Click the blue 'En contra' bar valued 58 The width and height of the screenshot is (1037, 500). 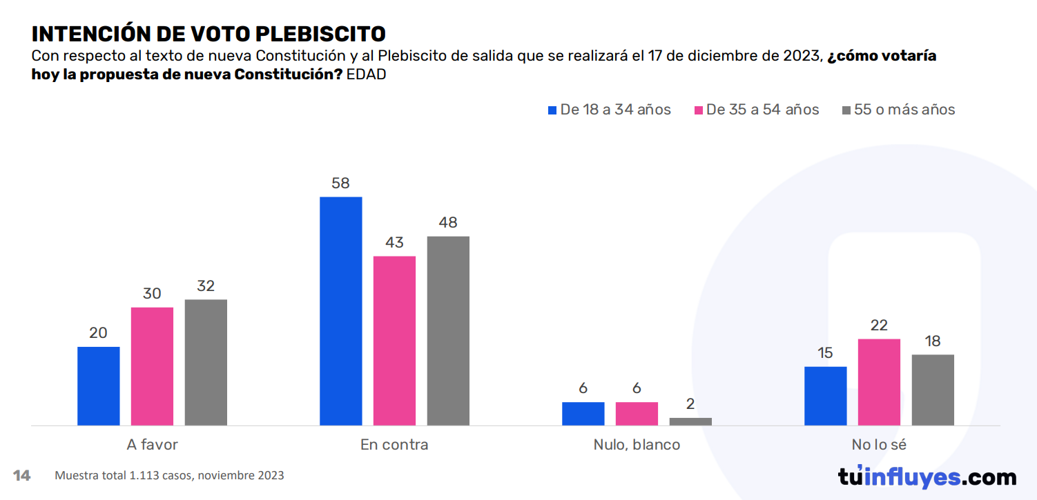coord(340,310)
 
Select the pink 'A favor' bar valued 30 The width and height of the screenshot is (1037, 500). coord(152,366)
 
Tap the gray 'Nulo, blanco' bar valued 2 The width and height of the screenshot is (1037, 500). coord(690,421)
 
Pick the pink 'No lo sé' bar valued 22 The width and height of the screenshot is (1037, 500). coord(879,381)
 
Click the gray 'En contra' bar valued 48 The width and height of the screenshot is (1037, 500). coord(448,330)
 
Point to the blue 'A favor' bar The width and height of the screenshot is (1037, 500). coord(98,386)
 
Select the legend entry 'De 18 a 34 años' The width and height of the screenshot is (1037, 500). coord(608,110)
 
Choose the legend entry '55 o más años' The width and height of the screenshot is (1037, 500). coord(898,110)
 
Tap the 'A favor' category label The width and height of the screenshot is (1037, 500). coord(152,445)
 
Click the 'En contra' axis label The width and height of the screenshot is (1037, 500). coord(394,445)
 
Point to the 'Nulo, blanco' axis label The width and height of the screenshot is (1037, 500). coord(637,445)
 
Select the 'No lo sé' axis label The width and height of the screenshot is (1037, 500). coord(879,445)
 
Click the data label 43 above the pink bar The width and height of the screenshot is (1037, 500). coord(395,243)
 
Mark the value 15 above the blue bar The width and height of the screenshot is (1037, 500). coord(825,353)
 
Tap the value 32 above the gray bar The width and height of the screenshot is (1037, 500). coord(206,286)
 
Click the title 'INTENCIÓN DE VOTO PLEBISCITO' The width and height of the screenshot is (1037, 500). coord(209,34)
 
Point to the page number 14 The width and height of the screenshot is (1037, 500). coord(21,475)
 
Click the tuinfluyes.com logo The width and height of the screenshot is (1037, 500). coord(927,477)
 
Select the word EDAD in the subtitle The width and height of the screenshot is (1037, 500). coord(366,74)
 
